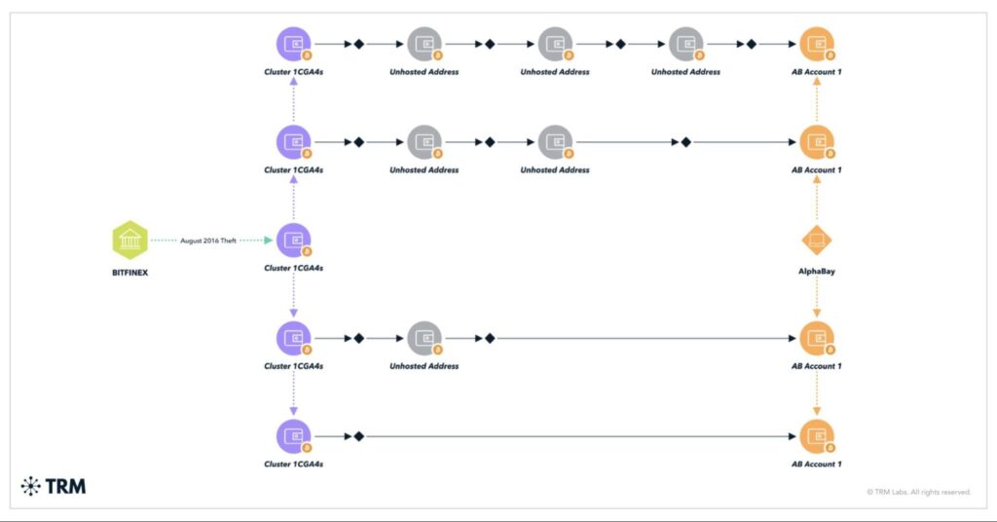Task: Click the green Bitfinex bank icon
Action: [129, 240]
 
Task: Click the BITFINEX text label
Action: [129, 273]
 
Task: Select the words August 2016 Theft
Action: [207, 240]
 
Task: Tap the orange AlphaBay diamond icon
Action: [816, 240]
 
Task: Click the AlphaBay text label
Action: [816, 272]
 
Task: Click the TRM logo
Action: [54, 485]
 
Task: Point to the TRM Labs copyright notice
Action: [918, 492]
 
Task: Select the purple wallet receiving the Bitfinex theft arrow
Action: [293, 240]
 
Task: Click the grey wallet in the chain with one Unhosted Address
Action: [425, 338]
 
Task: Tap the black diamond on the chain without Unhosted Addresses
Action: [358, 436]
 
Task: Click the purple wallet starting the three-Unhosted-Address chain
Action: [293, 44]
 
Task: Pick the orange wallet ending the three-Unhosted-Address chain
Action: [816, 44]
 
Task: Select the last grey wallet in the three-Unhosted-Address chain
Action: [685, 44]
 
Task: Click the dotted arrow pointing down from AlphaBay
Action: [816, 296]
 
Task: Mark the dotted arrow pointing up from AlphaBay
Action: [816, 197]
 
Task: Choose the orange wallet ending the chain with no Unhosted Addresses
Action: [816, 436]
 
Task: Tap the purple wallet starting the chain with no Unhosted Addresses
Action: [293, 436]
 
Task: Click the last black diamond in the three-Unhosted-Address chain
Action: [751, 44]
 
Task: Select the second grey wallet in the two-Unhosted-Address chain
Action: [555, 142]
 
